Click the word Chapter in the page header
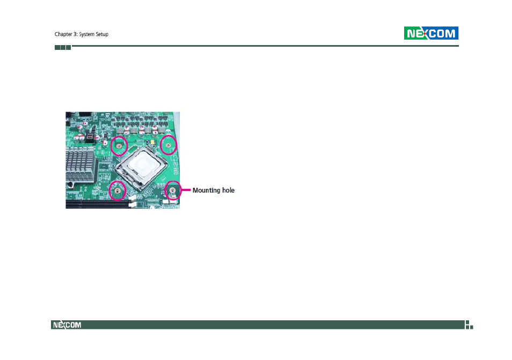point(63,34)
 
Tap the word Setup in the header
point(102,34)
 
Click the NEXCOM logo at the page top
point(431,33)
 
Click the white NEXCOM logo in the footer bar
point(67,325)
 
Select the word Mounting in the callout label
point(207,190)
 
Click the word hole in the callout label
point(228,190)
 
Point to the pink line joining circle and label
point(186,189)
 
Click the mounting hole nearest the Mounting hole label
point(173,190)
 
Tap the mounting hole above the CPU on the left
point(119,145)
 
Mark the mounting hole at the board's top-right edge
point(168,145)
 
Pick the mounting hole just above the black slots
point(117,190)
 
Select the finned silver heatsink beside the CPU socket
point(81,164)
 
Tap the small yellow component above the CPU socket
point(153,142)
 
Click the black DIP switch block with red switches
point(90,136)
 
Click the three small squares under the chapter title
point(63,47)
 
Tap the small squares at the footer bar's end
point(469,325)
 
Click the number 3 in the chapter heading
point(75,34)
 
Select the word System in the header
point(86,34)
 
